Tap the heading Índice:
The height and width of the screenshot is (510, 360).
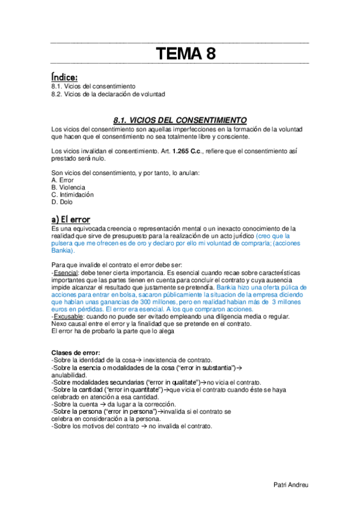click(x=65, y=76)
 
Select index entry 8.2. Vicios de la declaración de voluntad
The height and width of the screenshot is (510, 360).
click(x=108, y=94)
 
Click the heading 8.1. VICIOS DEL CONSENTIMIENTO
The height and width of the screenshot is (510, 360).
click(x=180, y=119)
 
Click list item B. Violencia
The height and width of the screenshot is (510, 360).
click(x=69, y=188)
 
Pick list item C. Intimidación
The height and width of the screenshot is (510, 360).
click(x=73, y=195)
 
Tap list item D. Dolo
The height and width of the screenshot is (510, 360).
click(x=62, y=202)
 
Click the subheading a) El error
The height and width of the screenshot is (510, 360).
click(x=71, y=218)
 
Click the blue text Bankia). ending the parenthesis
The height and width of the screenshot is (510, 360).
click(x=65, y=250)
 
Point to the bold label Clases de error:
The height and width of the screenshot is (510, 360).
click(x=76, y=352)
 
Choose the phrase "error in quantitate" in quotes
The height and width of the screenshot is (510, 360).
click(x=133, y=390)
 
